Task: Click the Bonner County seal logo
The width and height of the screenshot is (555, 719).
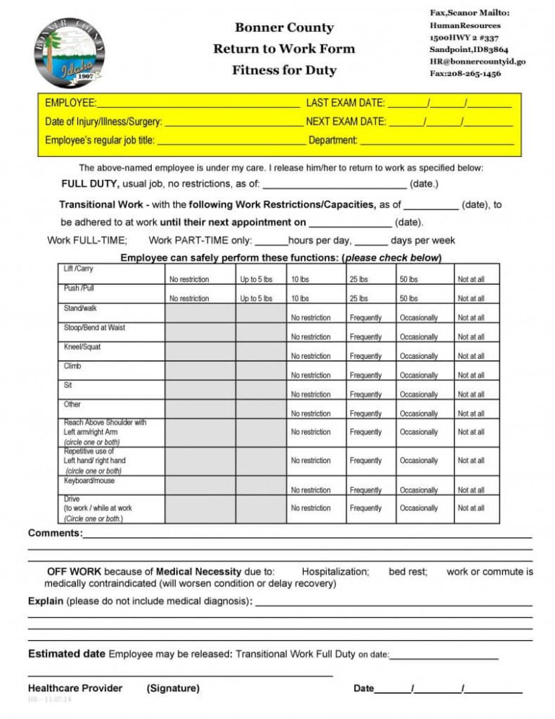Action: (69, 53)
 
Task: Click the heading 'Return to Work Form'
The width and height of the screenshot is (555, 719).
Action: (284, 49)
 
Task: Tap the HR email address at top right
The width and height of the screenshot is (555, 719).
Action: (478, 61)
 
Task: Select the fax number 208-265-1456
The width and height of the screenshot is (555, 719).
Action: (465, 73)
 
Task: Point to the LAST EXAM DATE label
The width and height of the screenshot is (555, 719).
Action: (345, 103)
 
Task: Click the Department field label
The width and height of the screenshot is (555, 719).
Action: (332, 140)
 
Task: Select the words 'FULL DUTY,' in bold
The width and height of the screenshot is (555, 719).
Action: (90, 184)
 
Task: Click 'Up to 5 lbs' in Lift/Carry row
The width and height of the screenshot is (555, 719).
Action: (256, 279)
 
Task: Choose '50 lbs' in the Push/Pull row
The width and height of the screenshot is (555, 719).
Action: (408, 299)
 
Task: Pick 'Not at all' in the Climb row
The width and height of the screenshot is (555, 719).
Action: (471, 375)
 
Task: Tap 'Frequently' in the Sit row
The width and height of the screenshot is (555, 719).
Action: (366, 395)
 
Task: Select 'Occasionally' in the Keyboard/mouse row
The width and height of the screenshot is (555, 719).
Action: (418, 490)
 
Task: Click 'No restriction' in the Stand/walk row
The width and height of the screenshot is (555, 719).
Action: (311, 318)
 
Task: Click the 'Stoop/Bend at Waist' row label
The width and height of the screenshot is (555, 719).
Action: (94, 328)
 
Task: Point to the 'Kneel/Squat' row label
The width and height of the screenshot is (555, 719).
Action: (82, 347)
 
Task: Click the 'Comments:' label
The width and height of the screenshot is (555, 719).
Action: (55, 534)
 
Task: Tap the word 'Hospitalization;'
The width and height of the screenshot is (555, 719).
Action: (335, 572)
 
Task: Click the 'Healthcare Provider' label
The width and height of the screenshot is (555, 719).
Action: (75, 689)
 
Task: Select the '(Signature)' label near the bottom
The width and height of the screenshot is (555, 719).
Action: (173, 689)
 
